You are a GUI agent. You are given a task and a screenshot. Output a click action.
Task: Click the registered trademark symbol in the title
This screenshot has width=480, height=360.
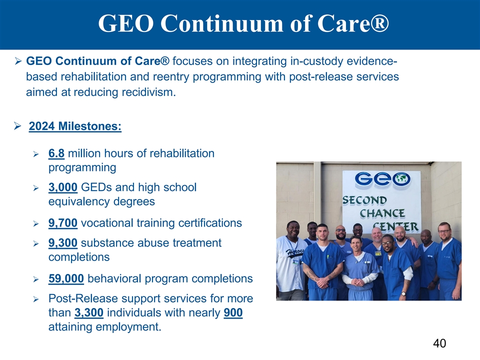click(380, 23)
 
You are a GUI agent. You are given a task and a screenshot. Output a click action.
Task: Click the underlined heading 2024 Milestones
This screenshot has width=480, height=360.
click(75, 126)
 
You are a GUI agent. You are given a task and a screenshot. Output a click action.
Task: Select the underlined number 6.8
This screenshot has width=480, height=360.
click(56, 153)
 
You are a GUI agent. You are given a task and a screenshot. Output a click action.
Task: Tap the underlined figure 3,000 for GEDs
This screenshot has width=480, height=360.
click(63, 187)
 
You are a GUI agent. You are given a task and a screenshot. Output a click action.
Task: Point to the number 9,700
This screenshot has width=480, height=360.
click(63, 223)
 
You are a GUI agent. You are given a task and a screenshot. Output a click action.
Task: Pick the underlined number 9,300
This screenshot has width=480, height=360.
click(63, 243)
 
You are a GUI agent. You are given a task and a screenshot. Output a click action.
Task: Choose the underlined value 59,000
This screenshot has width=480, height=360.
click(66, 279)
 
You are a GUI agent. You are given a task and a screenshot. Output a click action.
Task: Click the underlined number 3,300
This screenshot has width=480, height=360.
click(89, 313)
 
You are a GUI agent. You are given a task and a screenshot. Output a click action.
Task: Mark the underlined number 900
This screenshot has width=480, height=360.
click(233, 313)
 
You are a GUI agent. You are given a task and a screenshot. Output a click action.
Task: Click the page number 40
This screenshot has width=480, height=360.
click(439, 343)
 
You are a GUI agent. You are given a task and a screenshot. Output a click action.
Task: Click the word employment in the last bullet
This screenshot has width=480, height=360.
click(128, 327)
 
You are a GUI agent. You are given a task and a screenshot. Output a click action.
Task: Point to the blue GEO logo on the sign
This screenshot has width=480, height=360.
click(382, 179)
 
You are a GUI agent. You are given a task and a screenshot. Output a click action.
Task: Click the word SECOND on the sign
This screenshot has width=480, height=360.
click(364, 200)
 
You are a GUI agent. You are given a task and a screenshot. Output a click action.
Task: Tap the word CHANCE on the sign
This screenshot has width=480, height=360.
click(382, 213)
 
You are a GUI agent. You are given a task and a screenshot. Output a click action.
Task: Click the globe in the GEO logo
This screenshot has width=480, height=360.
click(401, 179)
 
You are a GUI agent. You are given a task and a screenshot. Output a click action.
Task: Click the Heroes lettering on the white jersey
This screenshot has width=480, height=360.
click(295, 253)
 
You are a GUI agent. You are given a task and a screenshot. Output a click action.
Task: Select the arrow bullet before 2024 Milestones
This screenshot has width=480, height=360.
click(17, 126)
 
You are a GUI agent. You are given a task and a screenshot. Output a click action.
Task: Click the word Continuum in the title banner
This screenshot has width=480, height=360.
click(221, 23)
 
